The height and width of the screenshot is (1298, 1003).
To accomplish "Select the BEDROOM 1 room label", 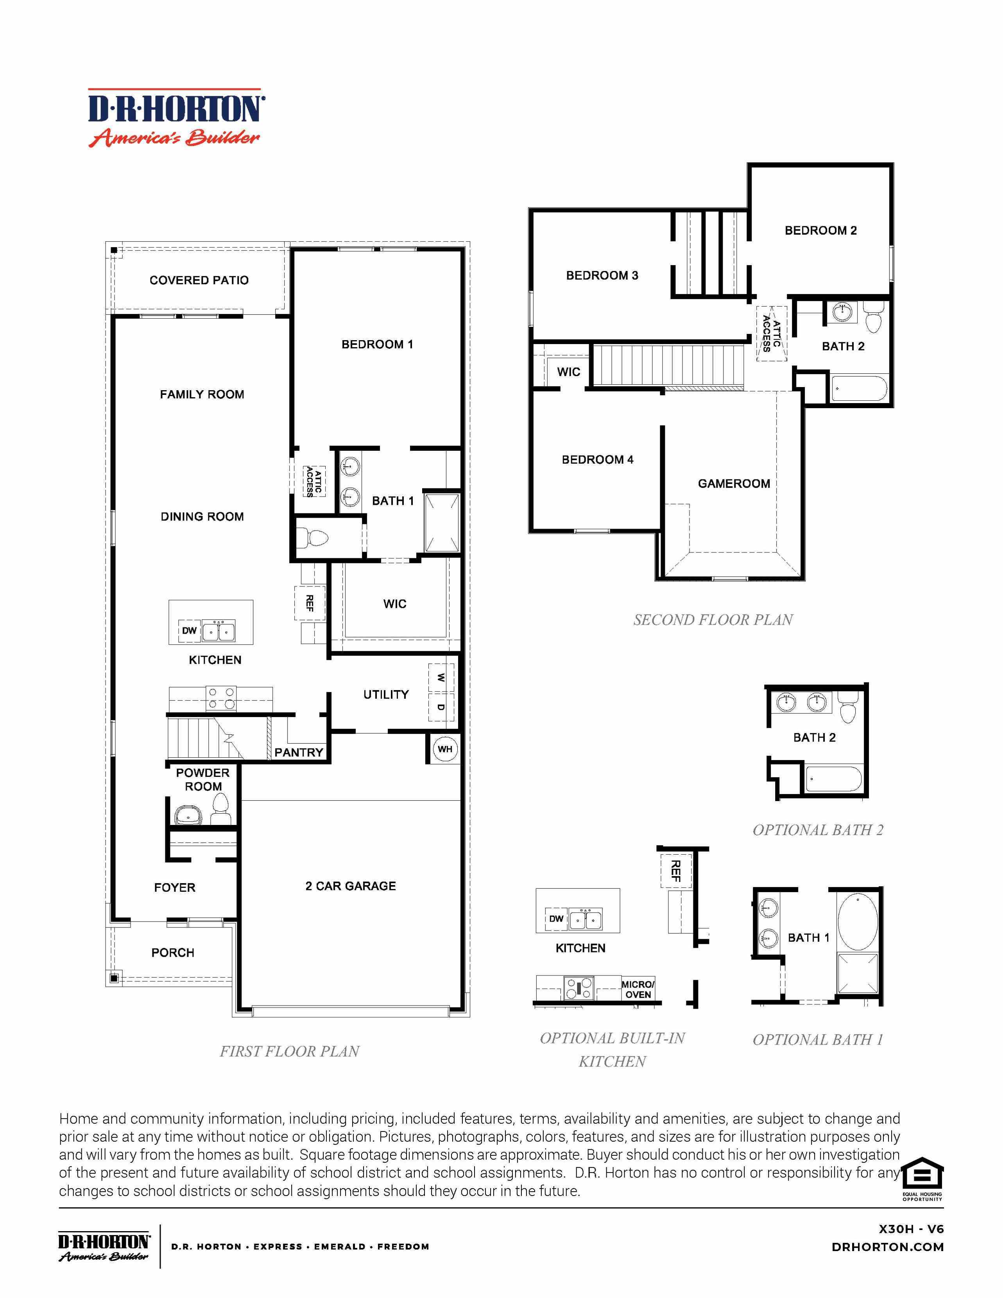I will coord(377,344).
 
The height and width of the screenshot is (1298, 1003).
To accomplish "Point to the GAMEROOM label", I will coord(734,484).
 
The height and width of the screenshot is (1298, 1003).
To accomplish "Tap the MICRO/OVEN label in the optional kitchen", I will coord(638,989).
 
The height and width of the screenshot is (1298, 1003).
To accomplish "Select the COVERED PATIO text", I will coord(199,280).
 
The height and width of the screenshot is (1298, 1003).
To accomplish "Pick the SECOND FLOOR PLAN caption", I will coord(713,620).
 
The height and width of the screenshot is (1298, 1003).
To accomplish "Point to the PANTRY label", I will coord(298,753).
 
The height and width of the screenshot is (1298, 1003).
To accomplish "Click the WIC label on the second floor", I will coord(568,372).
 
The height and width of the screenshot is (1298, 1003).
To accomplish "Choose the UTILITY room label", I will coord(386,694).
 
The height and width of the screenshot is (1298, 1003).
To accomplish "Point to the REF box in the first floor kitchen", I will coord(309,603).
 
